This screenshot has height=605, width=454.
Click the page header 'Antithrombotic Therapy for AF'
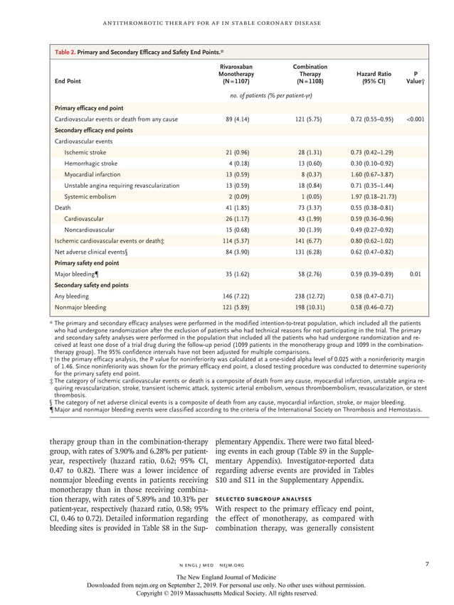tap(227, 23)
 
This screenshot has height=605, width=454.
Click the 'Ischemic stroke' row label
tap(85, 152)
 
